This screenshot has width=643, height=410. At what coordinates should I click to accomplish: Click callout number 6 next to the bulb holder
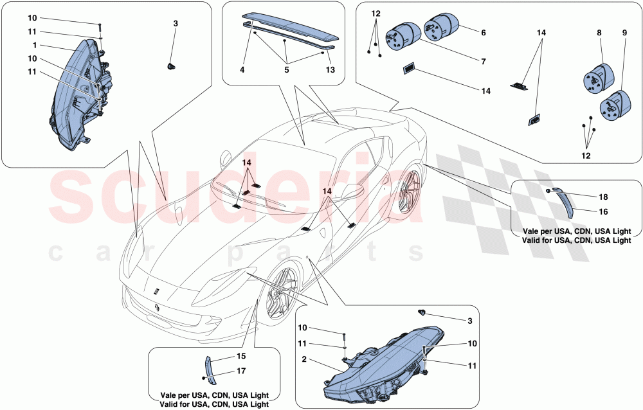(x=483, y=32)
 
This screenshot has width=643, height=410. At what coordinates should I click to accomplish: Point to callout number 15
(x=240, y=355)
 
